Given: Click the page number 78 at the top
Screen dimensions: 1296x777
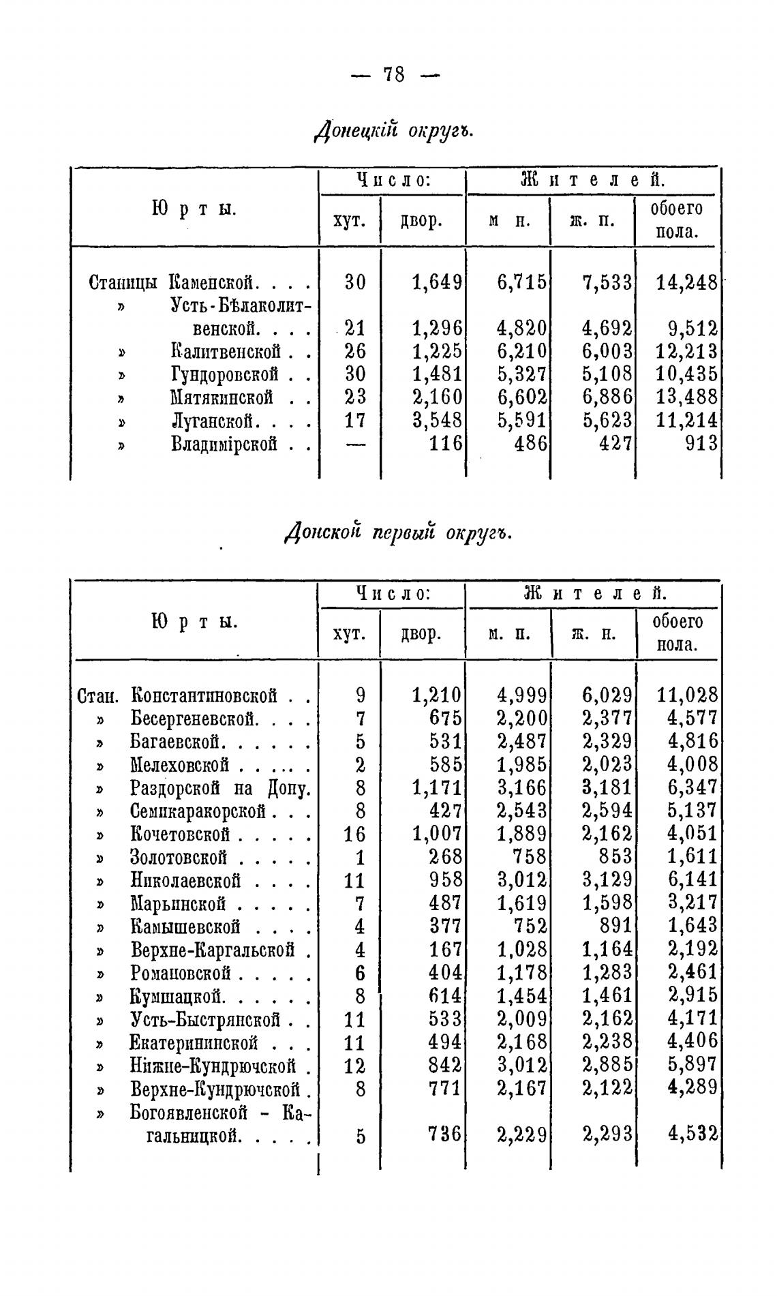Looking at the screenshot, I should click(x=394, y=74).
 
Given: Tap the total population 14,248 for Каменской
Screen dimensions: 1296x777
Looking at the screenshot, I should click(x=686, y=282).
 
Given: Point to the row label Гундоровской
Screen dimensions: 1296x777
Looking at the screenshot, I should click(x=224, y=374).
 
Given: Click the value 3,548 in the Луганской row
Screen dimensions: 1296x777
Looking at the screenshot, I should click(x=437, y=420).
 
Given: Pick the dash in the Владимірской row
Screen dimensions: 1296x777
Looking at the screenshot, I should click(x=355, y=444).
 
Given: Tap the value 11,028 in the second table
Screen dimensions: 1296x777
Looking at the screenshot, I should click(x=687, y=695).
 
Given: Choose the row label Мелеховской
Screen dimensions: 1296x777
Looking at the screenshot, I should click(x=179, y=765).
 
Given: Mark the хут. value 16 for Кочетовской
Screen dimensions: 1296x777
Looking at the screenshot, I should click(x=354, y=834).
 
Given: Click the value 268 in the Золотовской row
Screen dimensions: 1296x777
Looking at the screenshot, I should click(x=445, y=857).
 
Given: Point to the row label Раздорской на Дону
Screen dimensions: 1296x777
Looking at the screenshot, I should click(x=220, y=788).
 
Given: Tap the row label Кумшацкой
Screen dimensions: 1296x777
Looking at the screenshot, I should click(x=177, y=997).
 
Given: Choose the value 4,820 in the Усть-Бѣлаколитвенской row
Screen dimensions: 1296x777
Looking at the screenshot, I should click(x=521, y=329).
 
